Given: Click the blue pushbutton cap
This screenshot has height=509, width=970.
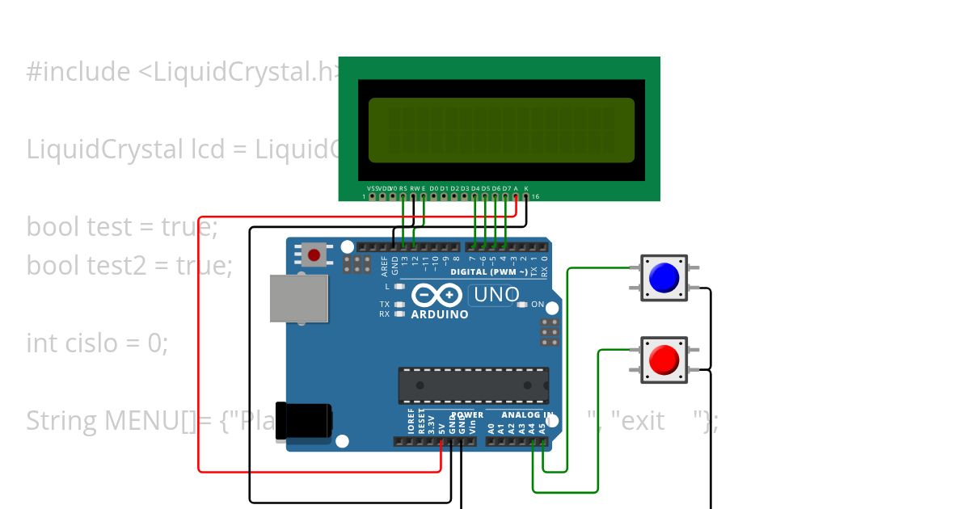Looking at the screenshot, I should pyautogui.click(x=664, y=278).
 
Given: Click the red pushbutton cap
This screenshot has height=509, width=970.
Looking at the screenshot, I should pyautogui.click(x=664, y=360).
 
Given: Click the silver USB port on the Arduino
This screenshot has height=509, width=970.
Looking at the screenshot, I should pyautogui.click(x=299, y=298).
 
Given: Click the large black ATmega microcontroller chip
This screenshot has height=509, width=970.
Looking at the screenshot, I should pyautogui.click(x=473, y=385).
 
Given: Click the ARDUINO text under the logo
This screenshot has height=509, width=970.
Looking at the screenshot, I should pyautogui.click(x=439, y=314).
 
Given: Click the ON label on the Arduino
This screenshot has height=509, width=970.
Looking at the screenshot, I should pyautogui.click(x=538, y=305).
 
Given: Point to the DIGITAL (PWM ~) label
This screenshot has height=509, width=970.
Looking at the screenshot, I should pyautogui.click(x=489, y=271).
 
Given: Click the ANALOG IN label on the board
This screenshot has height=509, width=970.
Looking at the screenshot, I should pyautogui.click(x=528, y=415).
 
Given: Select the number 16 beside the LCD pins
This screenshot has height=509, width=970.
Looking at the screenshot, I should pyautogui.click(x=535, y=196).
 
